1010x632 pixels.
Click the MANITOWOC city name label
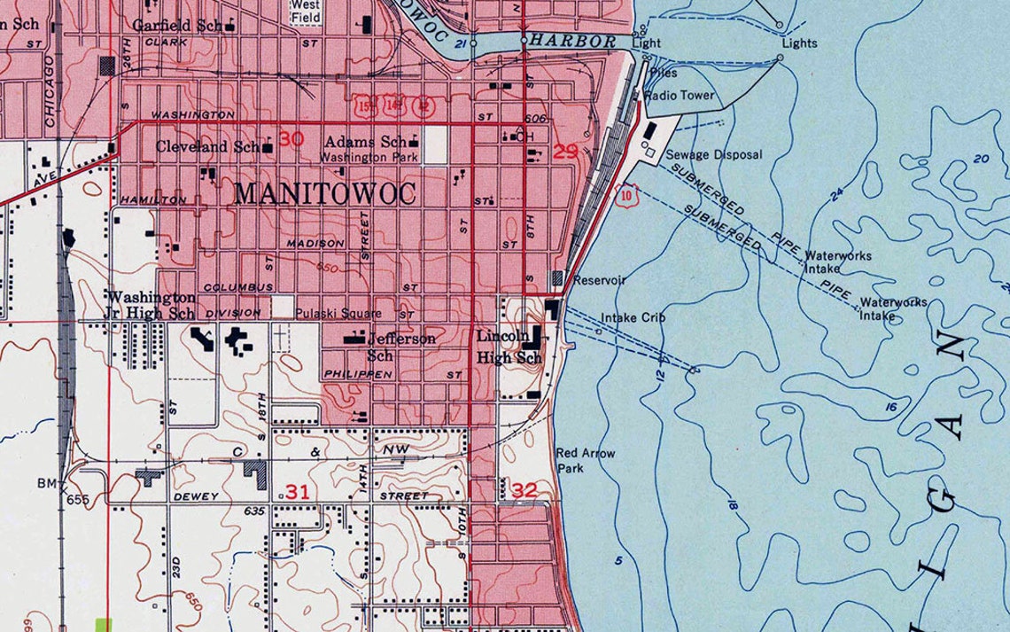325,194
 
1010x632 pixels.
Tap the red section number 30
291,139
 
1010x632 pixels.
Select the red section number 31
297,492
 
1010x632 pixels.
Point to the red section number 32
524,488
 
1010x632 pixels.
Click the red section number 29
565,152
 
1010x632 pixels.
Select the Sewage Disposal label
713,154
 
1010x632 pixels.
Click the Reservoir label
600,280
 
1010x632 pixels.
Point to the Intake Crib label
633,317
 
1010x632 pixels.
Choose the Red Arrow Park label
585,460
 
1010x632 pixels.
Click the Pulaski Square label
338,313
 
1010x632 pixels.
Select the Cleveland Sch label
207,146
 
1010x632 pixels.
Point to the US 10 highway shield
628,193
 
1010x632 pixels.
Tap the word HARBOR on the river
580,42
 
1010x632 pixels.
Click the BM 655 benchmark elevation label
61,491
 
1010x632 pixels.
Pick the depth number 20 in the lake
980,159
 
